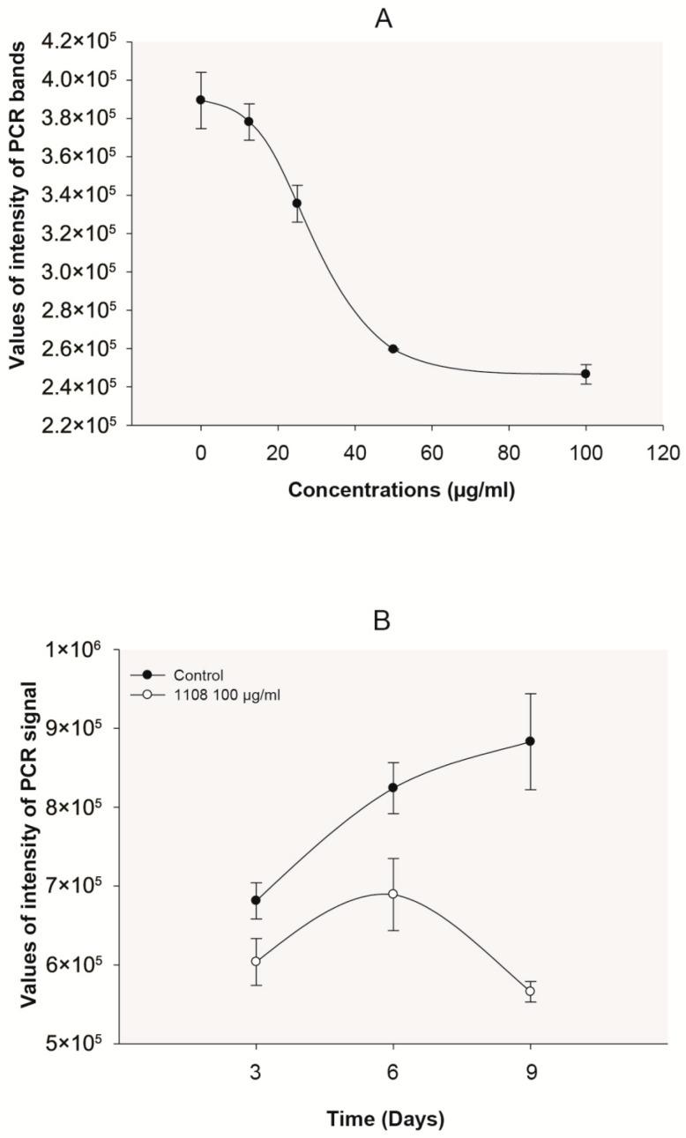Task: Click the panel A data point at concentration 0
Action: [201, 100]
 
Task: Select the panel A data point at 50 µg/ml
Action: [393, 348]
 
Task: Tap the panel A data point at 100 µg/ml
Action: [585, 374]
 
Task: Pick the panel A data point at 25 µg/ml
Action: [297, 203]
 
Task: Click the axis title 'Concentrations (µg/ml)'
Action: [401, 491]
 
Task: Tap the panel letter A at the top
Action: [384, 19]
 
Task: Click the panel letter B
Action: [382, 621]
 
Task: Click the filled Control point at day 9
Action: [531, 741]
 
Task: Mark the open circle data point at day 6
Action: [393, 894]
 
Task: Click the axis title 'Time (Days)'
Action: [386, 1119]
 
